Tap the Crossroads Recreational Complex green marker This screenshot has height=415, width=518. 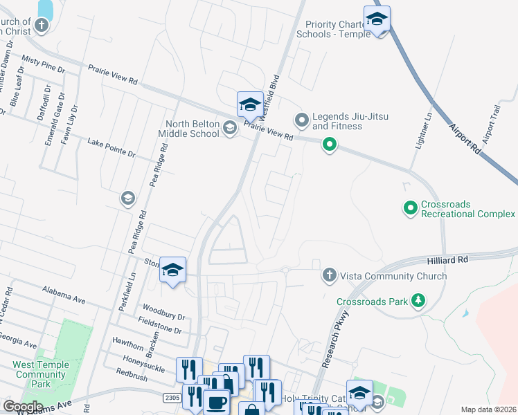(410, 207)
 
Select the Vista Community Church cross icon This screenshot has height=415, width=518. (330, 276)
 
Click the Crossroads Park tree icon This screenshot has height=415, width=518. (418, 301)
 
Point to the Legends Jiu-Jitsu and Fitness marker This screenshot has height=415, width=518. (301, 121)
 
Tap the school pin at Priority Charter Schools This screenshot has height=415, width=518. (377, 20)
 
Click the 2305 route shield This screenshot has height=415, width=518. (173, 398)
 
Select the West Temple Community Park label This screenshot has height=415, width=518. (40, 374)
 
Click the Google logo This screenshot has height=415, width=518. (23, 407)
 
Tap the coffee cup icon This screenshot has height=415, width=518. (216, 402)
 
